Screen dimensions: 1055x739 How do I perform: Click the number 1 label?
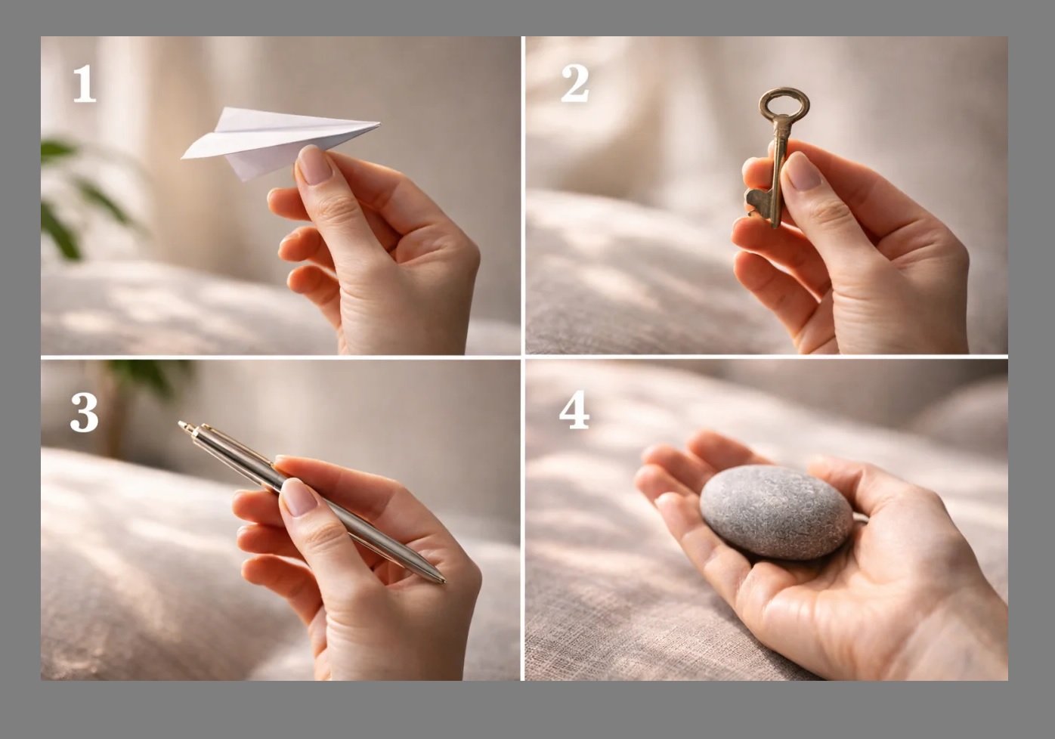pos(85,83)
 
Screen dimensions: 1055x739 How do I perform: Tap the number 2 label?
pos(575,83)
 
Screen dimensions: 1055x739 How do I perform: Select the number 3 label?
pos(85,413)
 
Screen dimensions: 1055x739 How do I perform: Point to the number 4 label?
pos(574,410)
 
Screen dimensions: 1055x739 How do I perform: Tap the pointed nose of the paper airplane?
pos(379,125)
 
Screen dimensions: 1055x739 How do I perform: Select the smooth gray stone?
pos(775,512)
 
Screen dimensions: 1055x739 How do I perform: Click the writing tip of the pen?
pos(443,581)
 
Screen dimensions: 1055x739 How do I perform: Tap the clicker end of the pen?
pos(184,425)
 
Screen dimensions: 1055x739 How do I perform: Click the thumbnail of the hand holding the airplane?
pos(314,165)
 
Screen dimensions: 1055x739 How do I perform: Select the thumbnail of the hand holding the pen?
pos(298,497)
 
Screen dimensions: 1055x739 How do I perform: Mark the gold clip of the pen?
pos(236,443)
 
